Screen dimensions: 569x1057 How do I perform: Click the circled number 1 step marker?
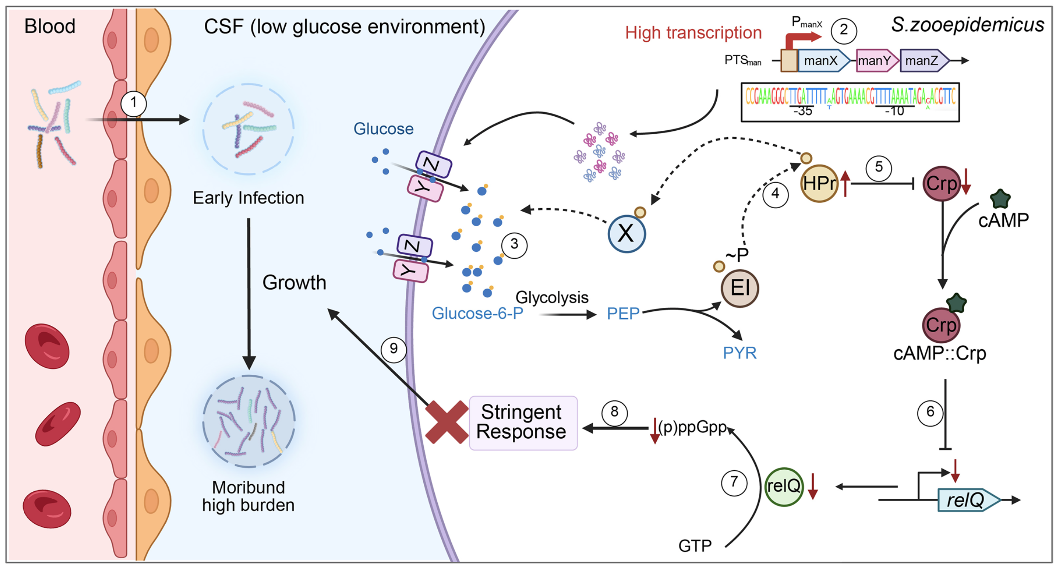pyautogui.click(x=134, y=103)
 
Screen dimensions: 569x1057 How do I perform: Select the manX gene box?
pyautogui.click(x=822, y=61)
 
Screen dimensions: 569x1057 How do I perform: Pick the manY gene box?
pyautogui.click(x=875, y=61)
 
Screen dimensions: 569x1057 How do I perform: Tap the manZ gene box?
pyautogui.click(x=923, y=61)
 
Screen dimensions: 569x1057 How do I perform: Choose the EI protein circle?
pyautogui.click(x=740, y=288)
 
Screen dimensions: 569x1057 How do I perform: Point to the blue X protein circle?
pyautogui.click(x=626, y=234)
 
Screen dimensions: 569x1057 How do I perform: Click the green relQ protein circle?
pyautogui.click(x=784, y=486)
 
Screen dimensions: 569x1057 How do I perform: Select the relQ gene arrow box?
pyautogui.click(x=967, y=500)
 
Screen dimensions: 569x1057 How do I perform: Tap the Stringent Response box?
pyautogui.click(x=523, y=422)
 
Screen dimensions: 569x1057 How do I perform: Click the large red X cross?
pyautogui.click(x=447, y=422)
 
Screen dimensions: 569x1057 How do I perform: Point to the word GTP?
pyautogui.click(x=695, y=546)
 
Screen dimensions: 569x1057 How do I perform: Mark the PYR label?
pyautogui.click(x=740, y=353)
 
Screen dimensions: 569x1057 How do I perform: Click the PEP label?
pyautogui.click(x=623, y=314)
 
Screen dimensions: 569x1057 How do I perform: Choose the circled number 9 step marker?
pyautogui.click(x=394, y=349)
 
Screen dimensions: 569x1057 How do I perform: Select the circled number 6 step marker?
pyautogui.click(x=930, y=412)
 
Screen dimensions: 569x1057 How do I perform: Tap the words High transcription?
pyautogui.click(x=693, y=33)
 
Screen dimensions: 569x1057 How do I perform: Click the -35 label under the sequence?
pyautogui.click(x=802, y=112)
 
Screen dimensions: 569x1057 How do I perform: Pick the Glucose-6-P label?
pyautogui.click(x=477, y=313)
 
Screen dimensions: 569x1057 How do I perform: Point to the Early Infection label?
pyautogui.click(x=248, y=198)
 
